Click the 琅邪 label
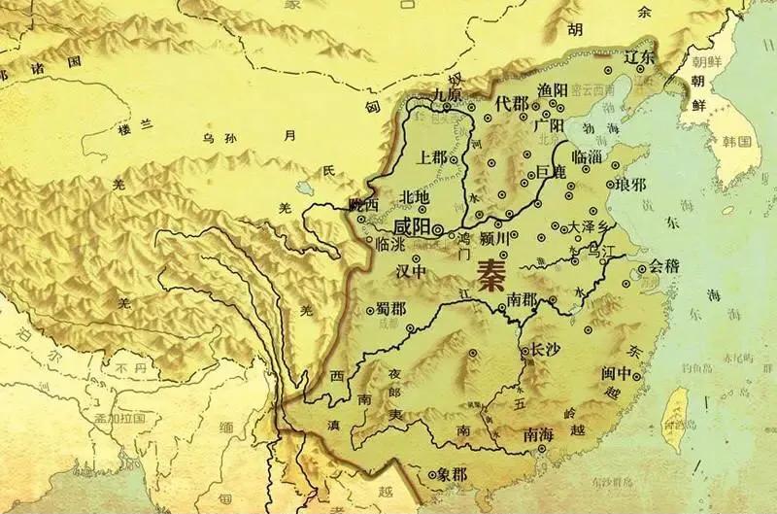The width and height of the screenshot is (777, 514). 629,184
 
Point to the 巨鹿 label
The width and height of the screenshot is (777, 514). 551,172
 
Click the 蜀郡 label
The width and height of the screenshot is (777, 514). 391,309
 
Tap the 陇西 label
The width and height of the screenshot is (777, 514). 363,204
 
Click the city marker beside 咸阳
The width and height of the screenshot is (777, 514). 438,229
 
